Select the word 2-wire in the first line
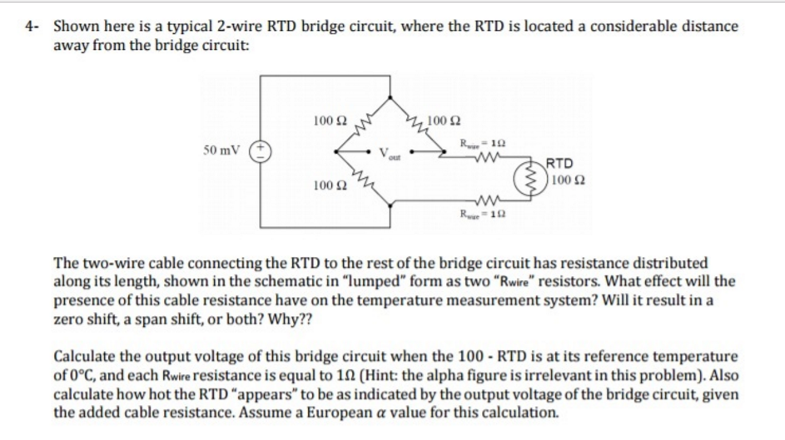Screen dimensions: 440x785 [231, 25]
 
